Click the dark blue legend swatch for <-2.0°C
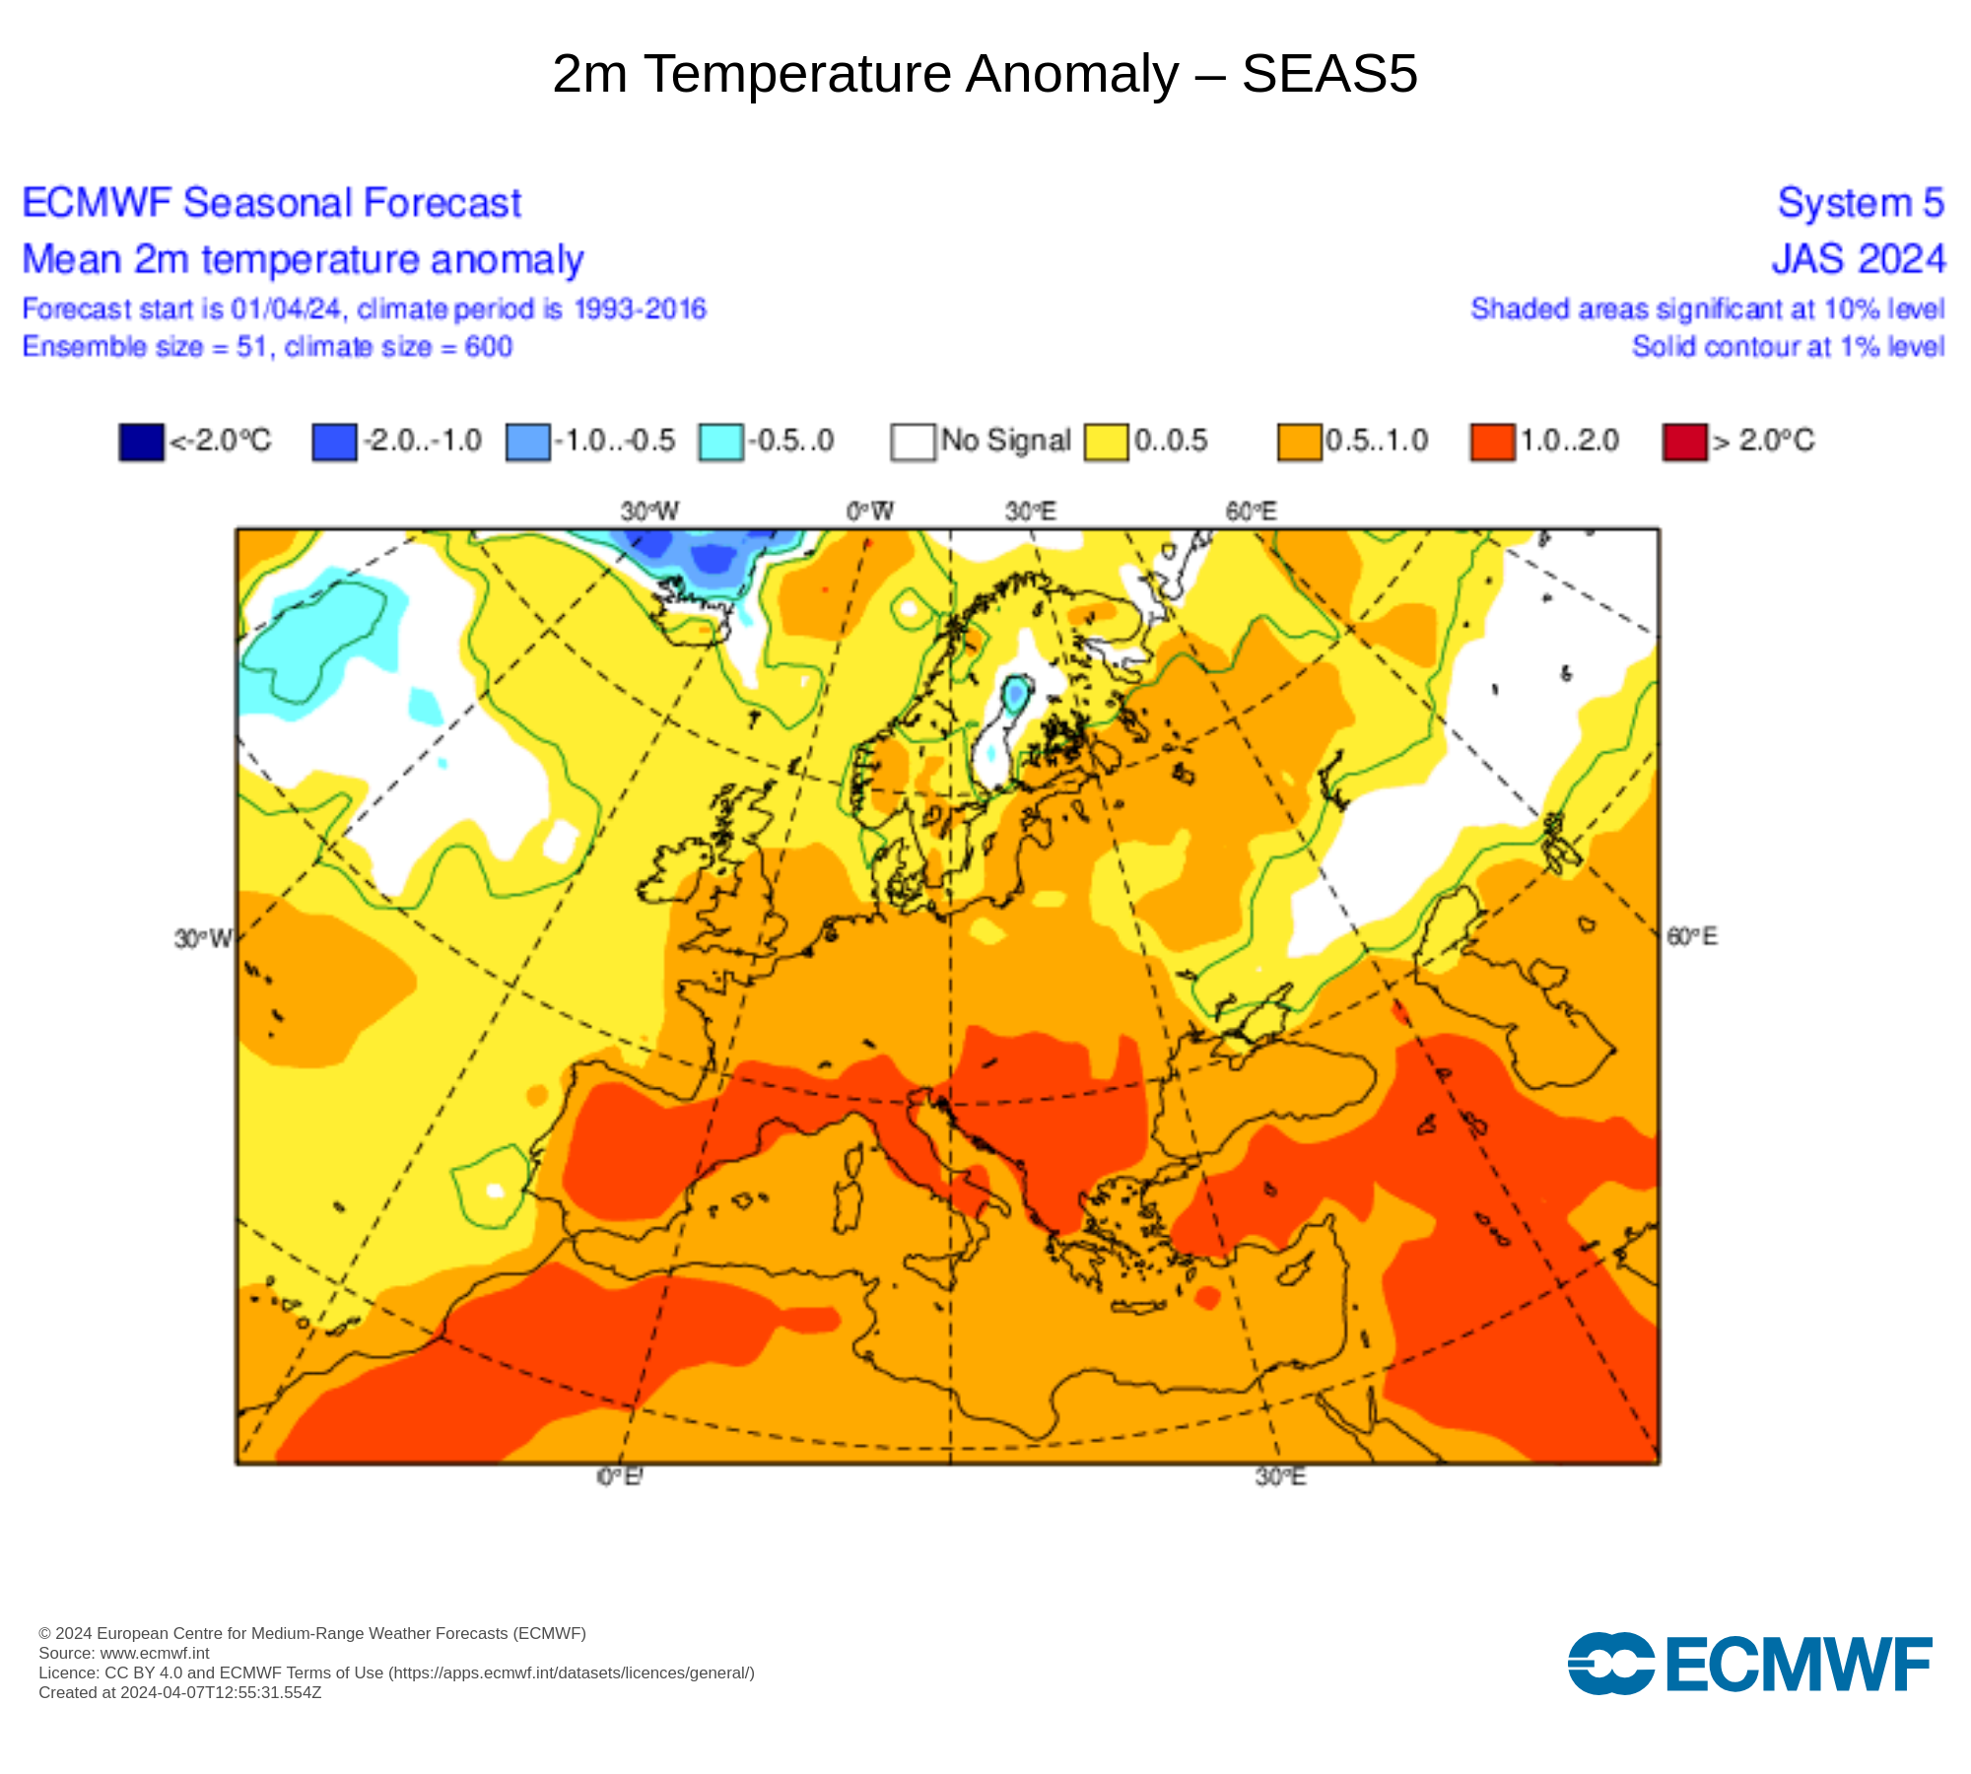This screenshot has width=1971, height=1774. pos(141,442)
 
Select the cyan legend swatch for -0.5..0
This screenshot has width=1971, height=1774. pos(720,442)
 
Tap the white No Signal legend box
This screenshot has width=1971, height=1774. pos(913,442)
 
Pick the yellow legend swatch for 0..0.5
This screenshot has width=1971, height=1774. pos(1106,442)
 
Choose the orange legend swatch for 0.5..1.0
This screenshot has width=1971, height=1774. pos(1299,442)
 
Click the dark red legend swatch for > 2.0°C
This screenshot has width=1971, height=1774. pos(1684,442)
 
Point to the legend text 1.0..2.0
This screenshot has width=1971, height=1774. pos(1569,441)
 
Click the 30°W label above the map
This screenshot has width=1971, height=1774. pos(649,512)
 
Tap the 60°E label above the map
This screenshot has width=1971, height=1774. pos(1251,512)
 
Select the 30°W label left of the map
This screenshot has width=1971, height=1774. pos(202,938)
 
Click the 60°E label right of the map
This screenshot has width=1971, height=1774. pos(1692,936)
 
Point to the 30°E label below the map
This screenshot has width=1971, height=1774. pos(1280,1476)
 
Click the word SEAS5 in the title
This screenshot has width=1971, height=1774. pos(1328,74)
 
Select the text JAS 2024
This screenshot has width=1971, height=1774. pos(1858,259)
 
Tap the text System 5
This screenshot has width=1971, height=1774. pos(1860,203)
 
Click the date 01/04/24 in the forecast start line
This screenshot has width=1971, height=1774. pos(286,309)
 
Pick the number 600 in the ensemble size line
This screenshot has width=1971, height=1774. pos(488,347)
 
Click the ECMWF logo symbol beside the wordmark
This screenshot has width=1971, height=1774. pos(1610,1664)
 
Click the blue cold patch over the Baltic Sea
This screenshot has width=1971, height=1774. pos(1015,695)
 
